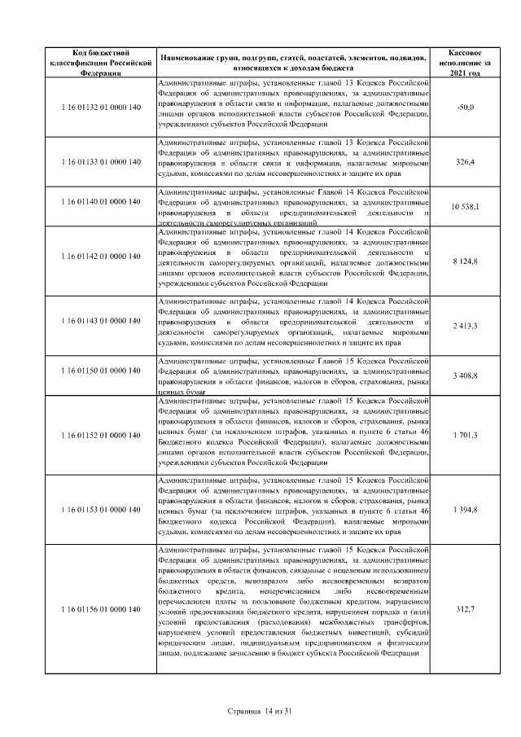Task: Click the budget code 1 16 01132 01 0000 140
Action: pos(101,107)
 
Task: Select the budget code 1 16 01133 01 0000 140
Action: pos(101,163)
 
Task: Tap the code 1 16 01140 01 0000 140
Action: pos(101,201)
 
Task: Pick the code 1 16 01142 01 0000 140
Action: pos(101,257)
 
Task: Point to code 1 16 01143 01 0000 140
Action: pos(101,321)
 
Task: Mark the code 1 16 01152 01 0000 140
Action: pos(101,435)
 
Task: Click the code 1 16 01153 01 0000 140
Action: pos(101,509)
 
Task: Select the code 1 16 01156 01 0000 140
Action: pos(101,609)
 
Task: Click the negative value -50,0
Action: pos(466,107)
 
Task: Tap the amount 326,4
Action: pos(466,163)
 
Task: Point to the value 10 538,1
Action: pos(466,207)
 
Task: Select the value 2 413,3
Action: pos(466,327)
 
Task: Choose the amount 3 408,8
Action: pos(466,376)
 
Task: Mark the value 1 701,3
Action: pos(466,435)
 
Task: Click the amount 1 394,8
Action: pos(466,509)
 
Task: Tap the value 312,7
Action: pos(466,609)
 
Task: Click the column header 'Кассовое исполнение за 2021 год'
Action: pos(466,62)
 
